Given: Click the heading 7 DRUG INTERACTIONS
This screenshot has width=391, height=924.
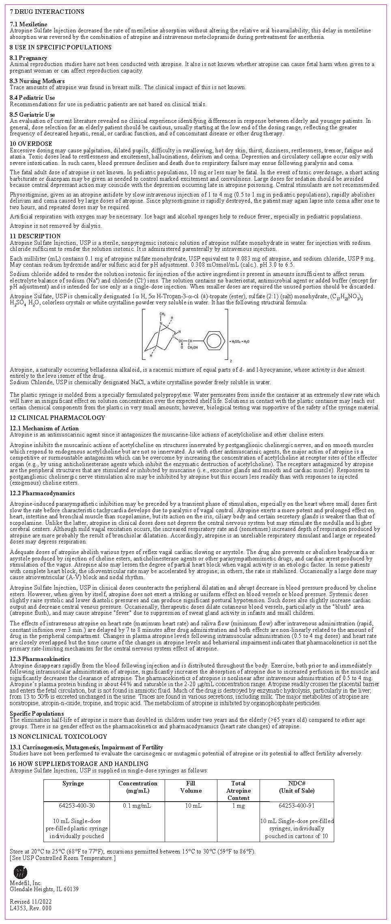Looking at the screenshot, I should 47,12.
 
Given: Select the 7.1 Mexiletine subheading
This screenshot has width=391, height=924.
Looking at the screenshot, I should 28,24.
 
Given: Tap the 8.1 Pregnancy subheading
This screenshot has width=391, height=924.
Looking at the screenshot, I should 28,58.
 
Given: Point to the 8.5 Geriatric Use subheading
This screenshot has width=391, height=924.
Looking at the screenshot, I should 32,115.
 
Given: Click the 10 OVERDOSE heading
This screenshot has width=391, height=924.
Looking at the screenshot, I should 31,144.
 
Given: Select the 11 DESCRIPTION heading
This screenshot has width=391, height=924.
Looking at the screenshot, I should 35,236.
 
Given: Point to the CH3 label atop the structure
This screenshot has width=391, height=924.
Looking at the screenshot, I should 162,314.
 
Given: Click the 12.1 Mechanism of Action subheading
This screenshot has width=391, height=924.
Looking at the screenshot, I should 45,428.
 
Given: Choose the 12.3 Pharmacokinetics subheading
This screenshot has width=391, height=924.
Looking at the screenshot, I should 40,659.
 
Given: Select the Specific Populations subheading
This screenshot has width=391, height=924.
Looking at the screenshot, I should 37,714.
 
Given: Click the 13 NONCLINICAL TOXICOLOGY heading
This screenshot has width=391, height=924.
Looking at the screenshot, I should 58,737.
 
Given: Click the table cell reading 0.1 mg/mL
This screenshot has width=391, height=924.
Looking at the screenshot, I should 137,806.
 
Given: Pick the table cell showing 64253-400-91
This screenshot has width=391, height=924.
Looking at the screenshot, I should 297,806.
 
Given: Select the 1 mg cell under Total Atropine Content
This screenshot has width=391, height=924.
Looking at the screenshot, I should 238,806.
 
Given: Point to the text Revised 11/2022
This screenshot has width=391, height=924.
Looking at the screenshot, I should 31,902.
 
